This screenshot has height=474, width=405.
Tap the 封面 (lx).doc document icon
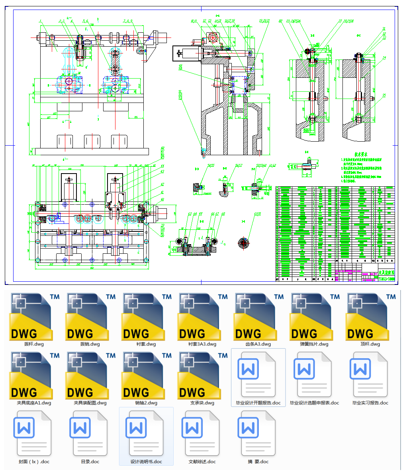click(34, 435)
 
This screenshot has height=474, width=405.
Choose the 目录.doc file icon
click(90, 435)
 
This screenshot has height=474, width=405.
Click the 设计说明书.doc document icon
click(146, 435)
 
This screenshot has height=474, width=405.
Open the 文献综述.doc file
click(202, 435)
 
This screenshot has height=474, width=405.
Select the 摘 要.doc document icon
click(258, 435)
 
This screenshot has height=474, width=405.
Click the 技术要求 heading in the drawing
click(361, 154)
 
